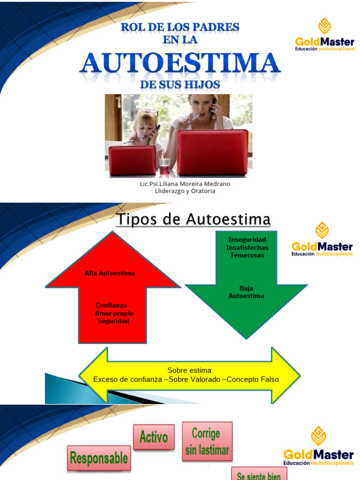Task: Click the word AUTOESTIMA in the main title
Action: pyautogui.click(x=180, y=63)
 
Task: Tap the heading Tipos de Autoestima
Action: pyautogui.click(x=193, y=219)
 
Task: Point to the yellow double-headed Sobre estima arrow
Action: pyautogui.click(x=189, y=375)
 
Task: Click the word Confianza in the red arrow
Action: pyautogui.click(x=112, y=305)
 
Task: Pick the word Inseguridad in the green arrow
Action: pyautogui.click(x=247, y=240)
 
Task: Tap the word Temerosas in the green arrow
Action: pyautogui.click(x=247, y=255)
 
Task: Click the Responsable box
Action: pyautogui.click(x=99, y=458)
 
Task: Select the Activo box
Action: pyautogui.click(x=154, y=437)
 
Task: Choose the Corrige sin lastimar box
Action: pyautogui.click(x=207, y=441)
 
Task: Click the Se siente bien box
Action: pyautogui.click(x=259, y=474)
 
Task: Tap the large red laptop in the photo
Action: pyautogui.click(x=212, y=152)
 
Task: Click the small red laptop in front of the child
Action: pyautogui.click(x=132, y=160)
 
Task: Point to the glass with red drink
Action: pyautogui.click(x=164, y=167)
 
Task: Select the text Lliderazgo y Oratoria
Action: pyautogui.click(x=185, y=191)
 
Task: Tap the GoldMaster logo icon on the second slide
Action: pyautogui.click(x=322, y=230)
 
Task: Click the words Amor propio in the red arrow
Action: pyautogui.click(x=114, y=313)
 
